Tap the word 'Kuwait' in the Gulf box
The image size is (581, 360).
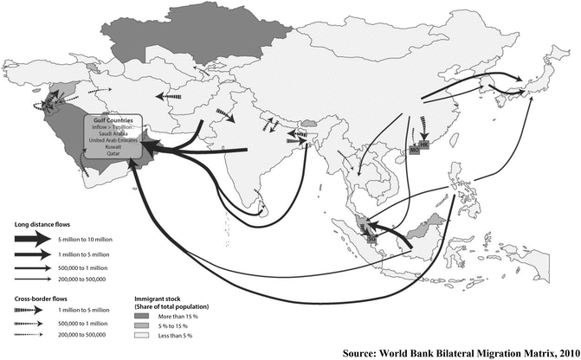(115, 148)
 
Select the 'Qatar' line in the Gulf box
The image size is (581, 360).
(115, 155)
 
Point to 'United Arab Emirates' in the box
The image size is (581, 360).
(115, 141)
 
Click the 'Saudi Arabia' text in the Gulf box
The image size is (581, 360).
(115, 134)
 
